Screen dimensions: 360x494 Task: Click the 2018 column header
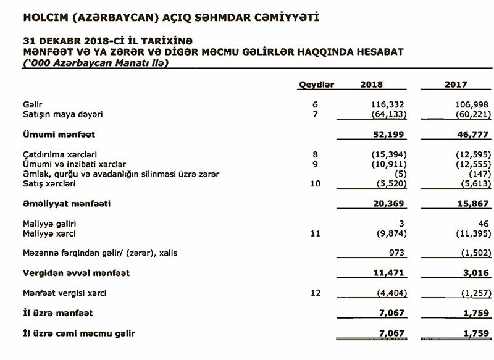click(371, 85)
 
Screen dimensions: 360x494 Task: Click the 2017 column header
click(456, 85)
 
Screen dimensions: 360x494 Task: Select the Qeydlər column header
click(316, 85)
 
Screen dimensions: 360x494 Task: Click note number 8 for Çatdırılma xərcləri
click(316, 154)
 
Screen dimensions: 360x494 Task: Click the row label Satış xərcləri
click(49, 183)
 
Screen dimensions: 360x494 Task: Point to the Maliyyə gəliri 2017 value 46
click(479, 223)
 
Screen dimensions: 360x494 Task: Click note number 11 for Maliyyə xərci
click(316, 233)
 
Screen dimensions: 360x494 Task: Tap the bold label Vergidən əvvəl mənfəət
click(77, 272)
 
